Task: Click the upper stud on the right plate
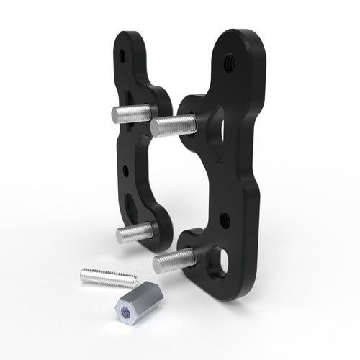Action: click(x=173, y=124)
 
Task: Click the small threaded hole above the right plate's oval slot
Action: click(x=225, y=215)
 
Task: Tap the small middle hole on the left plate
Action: click(x=127, y=170)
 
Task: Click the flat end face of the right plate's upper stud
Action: click(x=155, y=127)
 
